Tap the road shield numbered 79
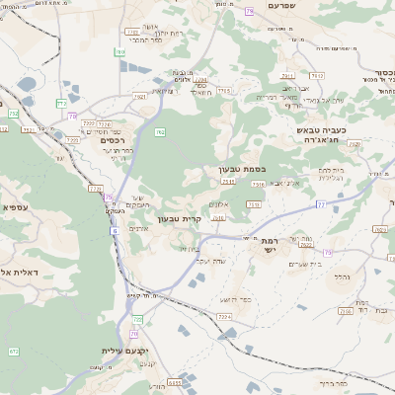pos(249,10)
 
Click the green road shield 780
pos(119,51)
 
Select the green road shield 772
pos(62,103)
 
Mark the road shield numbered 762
pos(160,131)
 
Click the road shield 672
pos(14,351)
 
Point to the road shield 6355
pos(176,382)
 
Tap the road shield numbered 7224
pos(224,316)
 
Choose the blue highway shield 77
pos(321,202)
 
